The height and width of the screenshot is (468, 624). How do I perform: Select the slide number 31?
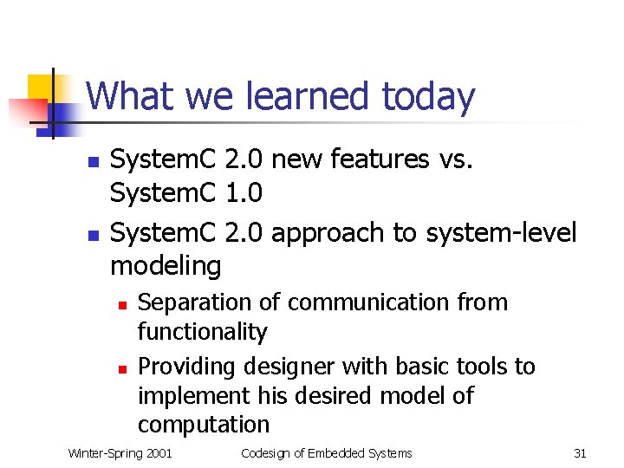(x=580, y=453)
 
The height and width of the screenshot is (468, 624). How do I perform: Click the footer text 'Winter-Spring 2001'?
(x=120, y=453)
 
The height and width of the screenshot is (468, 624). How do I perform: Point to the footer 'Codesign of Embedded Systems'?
(x=326, y=453)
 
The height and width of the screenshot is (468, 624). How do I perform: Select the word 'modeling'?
(x=166, y=266)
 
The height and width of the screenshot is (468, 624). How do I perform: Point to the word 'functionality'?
(x=203, y=332)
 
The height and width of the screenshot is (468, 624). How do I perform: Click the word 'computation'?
(x=204, y=425)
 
